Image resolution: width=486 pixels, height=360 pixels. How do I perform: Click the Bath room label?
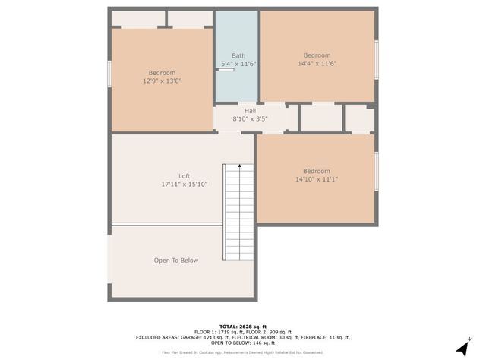click(238, 55)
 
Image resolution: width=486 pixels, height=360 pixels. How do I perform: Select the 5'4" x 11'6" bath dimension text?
click(238, 64)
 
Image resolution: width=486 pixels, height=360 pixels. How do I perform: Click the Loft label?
click(184, 176)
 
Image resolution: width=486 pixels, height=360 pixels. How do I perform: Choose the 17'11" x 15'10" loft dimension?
click(184, 185)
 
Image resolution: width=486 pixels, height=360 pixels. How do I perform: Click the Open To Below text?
click(176, 261)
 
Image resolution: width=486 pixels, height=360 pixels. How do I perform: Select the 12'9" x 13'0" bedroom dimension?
click(162, 81)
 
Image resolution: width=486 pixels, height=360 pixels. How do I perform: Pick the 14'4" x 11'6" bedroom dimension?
click(317, 64)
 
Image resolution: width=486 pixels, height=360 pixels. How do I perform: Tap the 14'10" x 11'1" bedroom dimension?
click(317, 179)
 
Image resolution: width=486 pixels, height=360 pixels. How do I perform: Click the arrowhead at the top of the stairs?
click(240, 165)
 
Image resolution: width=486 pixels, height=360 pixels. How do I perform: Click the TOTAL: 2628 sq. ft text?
click(243, 324)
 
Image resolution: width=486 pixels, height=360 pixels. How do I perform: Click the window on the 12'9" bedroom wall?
click(110, 74)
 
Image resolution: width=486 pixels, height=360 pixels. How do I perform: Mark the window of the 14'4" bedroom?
click(377, 59)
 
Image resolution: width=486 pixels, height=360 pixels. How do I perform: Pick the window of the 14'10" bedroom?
click(377, 171)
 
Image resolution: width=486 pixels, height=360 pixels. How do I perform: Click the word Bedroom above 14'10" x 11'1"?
click(317, 171)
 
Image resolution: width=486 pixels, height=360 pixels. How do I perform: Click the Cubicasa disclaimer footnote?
click(243, 352)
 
